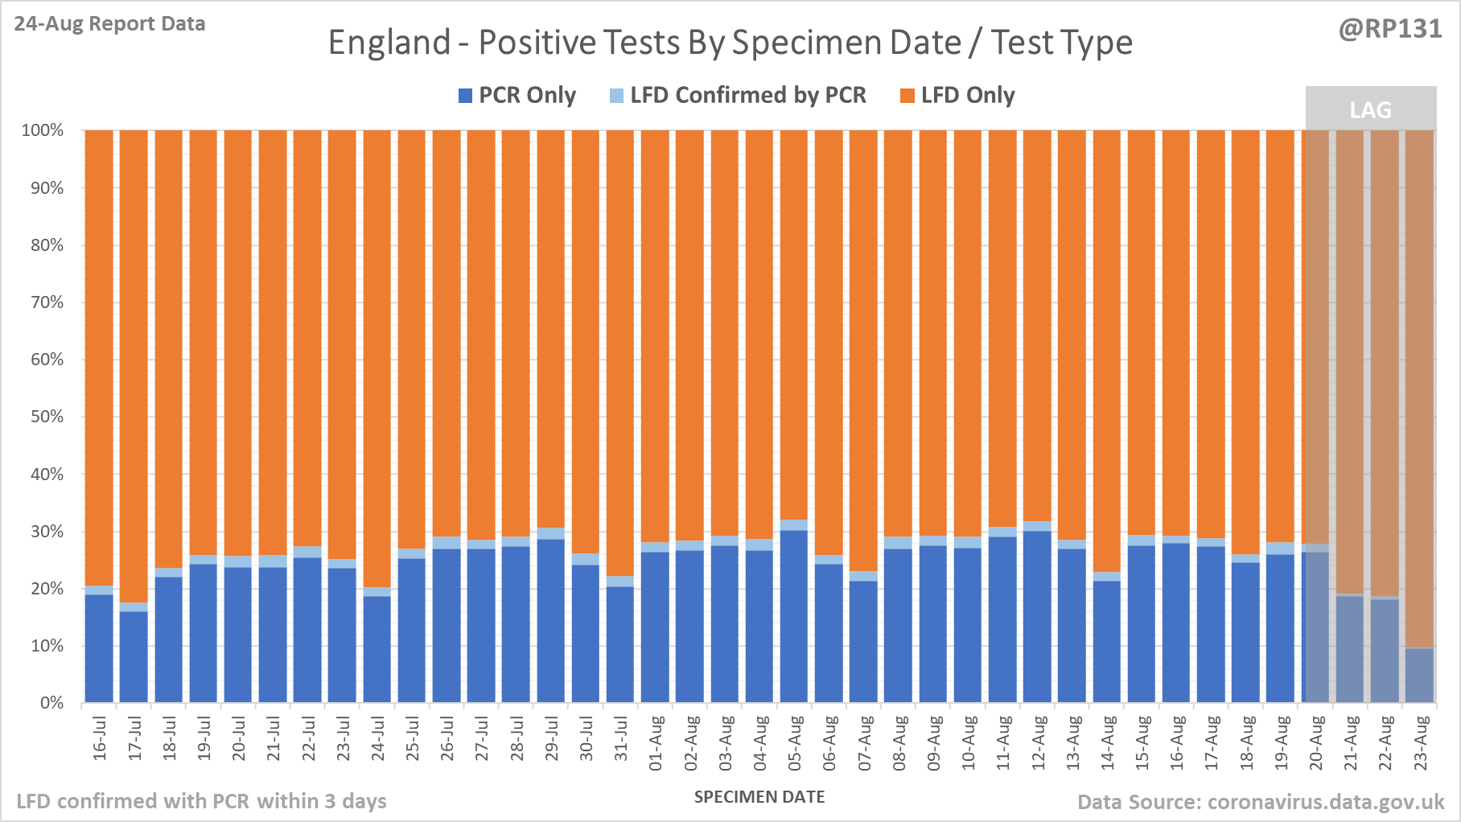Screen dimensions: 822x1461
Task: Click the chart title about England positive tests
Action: (x=730, y=43)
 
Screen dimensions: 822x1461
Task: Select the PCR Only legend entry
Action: (x=517, y=96)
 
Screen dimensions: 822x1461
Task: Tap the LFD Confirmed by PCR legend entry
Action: (x=738, y=96)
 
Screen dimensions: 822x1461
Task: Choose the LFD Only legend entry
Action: (x=957, y=96)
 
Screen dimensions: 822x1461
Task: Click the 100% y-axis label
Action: (x=43, y=130)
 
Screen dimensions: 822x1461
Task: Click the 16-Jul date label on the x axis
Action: (x=100, y=738)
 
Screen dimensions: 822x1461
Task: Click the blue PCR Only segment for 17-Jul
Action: (x=134, y=657)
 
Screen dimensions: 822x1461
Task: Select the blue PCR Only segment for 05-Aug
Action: (x=794, y=616)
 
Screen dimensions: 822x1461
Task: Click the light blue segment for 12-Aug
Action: (x=1037, y=526)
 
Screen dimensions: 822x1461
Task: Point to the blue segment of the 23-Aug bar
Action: (x=1419, y=676)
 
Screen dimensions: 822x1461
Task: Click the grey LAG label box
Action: (x=1370, y=109)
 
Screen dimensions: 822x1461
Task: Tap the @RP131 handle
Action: (x=1390, y=29)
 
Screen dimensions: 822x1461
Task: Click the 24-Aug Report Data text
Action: (x=109, y=24)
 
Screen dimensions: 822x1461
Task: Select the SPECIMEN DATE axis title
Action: (x=759, y=797)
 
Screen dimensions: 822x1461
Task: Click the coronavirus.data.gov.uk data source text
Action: (x=1261, y=802)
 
